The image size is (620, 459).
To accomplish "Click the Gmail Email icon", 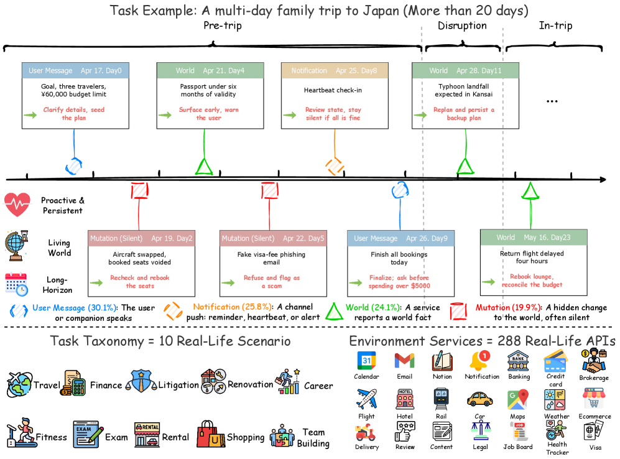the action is (404, 361).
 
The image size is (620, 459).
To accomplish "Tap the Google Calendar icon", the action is (366, 361).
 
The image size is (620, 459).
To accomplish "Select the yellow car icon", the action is (479, 399).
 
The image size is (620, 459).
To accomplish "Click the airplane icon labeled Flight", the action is (366, 399).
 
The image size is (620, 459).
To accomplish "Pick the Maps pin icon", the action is (517, 399).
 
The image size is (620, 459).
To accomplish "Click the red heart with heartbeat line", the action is (17, 205).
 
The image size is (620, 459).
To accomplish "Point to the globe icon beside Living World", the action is (16, 246).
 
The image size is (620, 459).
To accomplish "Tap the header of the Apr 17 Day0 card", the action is (75, 70).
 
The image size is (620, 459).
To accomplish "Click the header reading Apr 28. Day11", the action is (465, 70).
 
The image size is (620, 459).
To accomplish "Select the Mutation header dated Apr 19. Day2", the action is (141, 238).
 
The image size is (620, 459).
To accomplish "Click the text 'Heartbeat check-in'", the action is (333, 90).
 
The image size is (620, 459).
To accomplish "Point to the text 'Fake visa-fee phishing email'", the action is (271, 258).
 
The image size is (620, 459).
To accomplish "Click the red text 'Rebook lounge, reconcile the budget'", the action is (532, 280).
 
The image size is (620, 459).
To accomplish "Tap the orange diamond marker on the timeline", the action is (335, 167).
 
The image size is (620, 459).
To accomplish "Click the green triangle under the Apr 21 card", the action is (204, 167).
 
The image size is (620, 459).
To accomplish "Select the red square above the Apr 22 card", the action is (270, 190).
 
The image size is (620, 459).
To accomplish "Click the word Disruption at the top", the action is (462, 25).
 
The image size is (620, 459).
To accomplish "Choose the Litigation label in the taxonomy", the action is (178, 384).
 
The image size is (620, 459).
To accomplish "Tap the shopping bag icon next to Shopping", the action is (211, 434).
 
